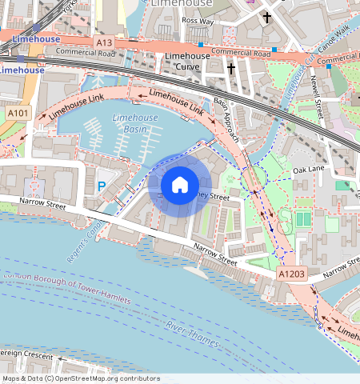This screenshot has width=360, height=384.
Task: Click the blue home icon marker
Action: click(179, 185)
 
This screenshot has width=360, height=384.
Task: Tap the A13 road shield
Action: click(103, 42)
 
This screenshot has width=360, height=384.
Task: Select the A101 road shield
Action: click(17, 114)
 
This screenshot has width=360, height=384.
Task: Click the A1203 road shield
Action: click(292, 274)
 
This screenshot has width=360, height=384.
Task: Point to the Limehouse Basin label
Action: click(135, 123)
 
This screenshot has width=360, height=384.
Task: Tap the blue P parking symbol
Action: click(101, 186)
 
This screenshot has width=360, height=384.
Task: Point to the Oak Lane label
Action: click(309, 170)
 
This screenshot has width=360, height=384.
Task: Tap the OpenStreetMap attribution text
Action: click(80, 378)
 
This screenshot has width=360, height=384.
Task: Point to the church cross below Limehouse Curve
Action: click(231, 70)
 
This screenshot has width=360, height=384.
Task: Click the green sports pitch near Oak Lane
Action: click(302, 218)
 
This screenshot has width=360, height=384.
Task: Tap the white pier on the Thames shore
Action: click(196, 269)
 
